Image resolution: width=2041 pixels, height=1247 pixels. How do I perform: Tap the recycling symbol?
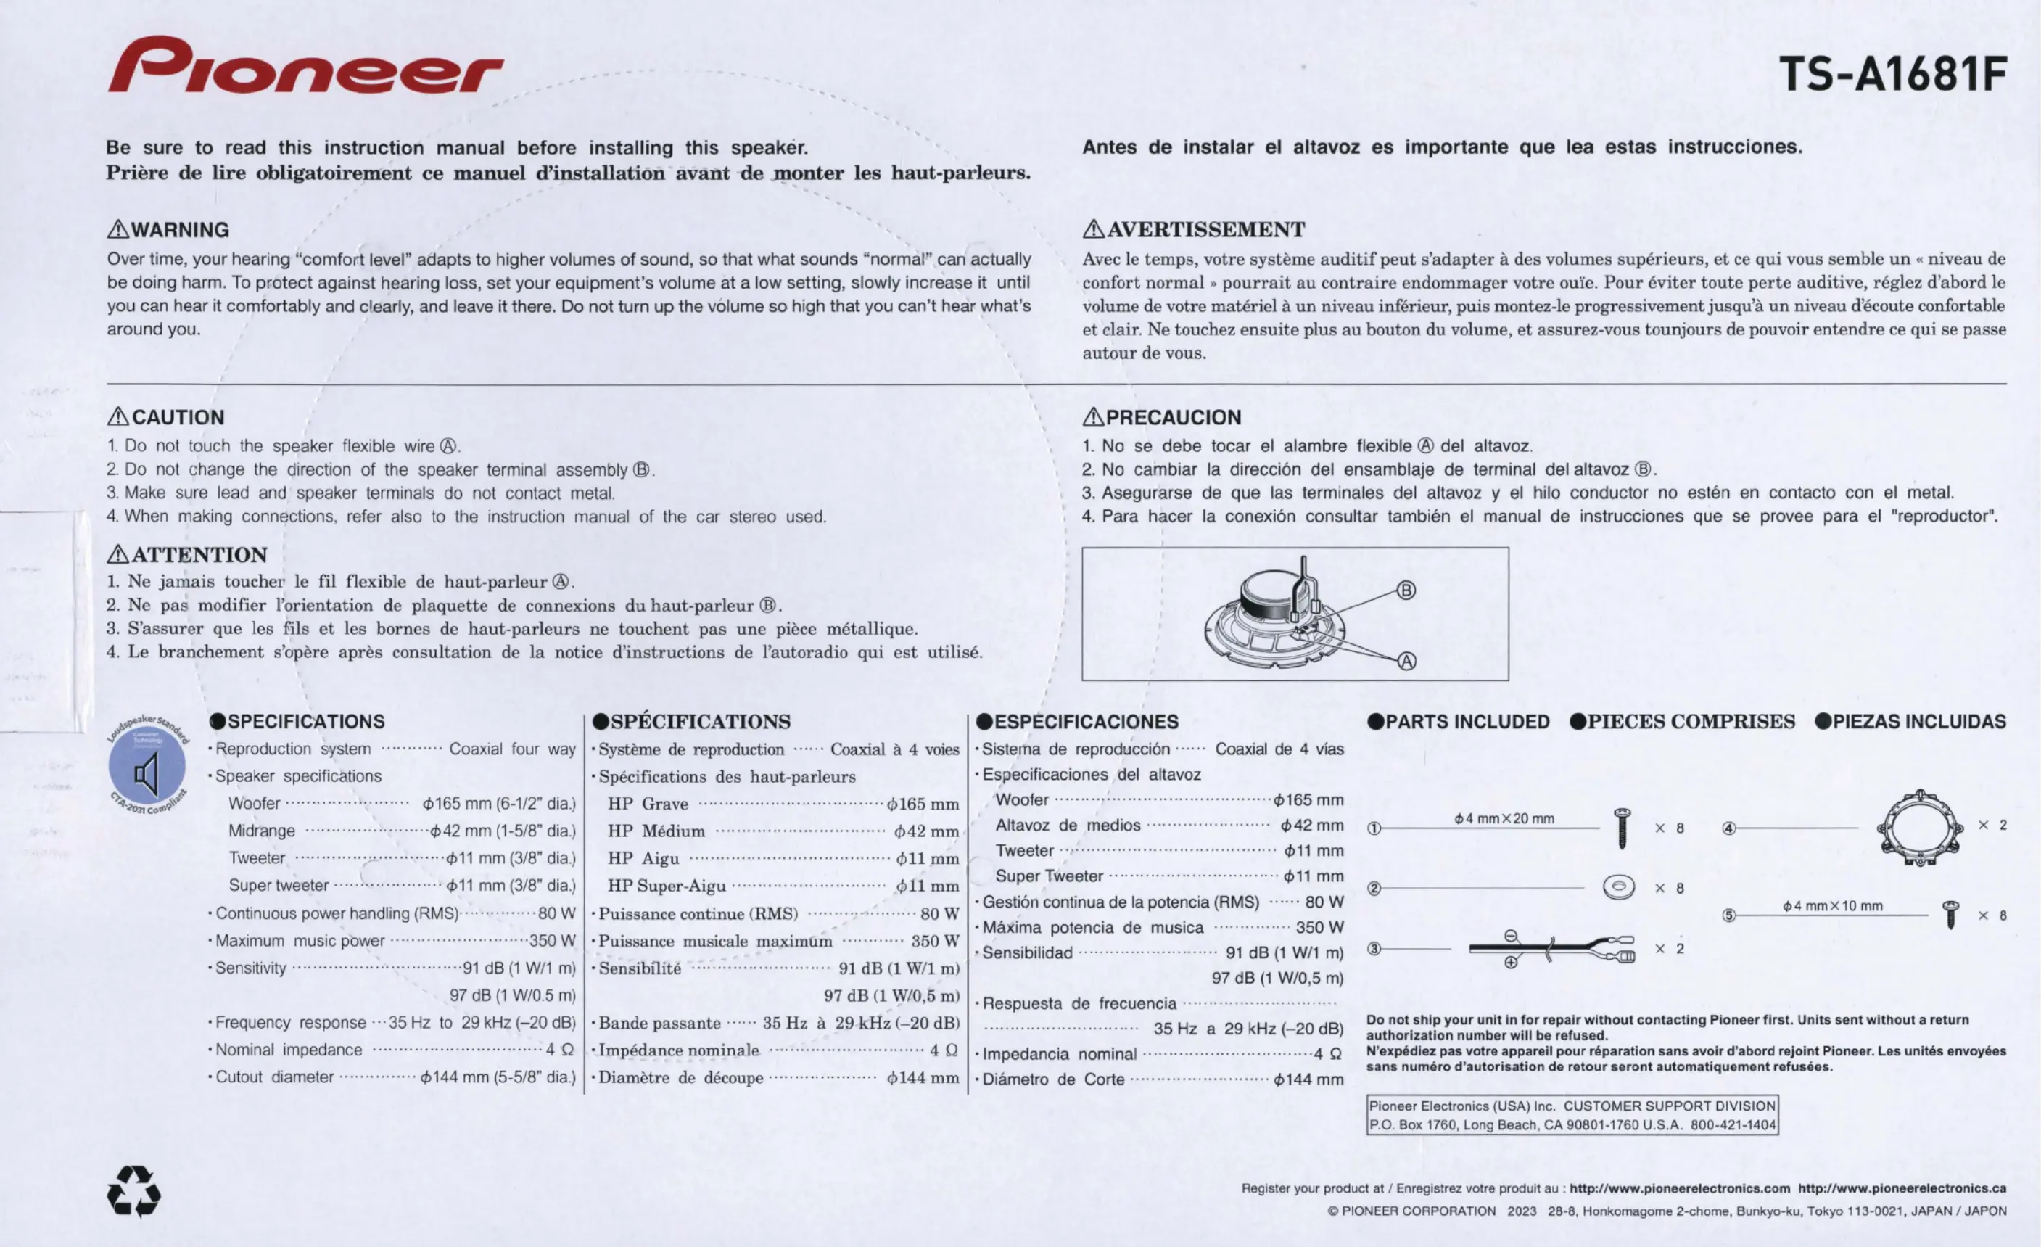(134, 1191)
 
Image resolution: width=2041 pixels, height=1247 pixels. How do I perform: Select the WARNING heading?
(169, 229)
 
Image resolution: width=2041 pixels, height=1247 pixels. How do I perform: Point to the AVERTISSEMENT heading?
(1195, 229)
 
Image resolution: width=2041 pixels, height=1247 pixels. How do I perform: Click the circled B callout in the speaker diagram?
(1406, 590)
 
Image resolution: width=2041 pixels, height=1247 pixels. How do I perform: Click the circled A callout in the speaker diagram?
(1406, 661)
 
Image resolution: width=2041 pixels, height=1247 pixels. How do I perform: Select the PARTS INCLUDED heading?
(1458, 722)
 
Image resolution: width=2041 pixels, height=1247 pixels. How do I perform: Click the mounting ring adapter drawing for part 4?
(1919, 828)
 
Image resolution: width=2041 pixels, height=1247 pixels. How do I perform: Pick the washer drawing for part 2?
(1619, 887)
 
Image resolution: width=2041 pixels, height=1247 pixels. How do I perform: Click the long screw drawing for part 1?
(1623, 828)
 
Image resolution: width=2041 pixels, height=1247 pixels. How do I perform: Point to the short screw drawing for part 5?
(1951, 915)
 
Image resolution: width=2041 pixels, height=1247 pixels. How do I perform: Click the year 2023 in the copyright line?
(1522, 1211)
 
